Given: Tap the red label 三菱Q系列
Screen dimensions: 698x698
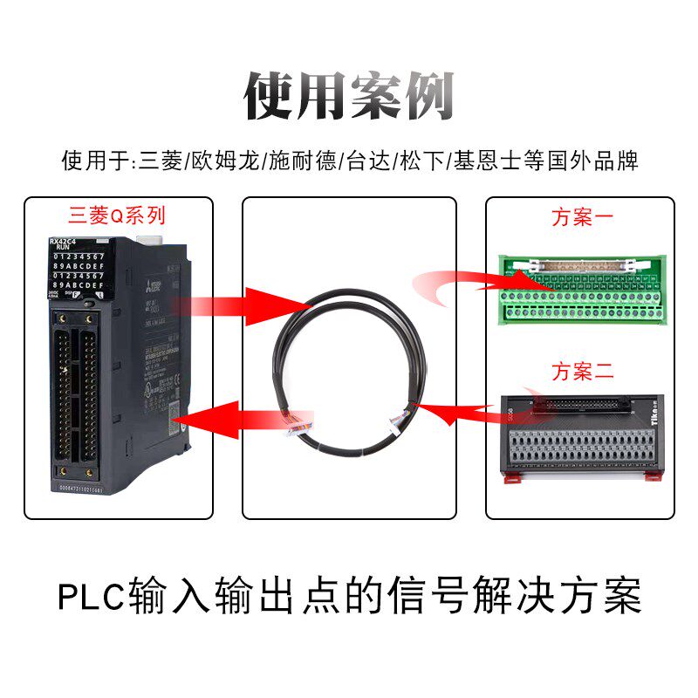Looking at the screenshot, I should [x=116, y=215].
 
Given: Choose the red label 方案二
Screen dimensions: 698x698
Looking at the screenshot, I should [x=582, y=370].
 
